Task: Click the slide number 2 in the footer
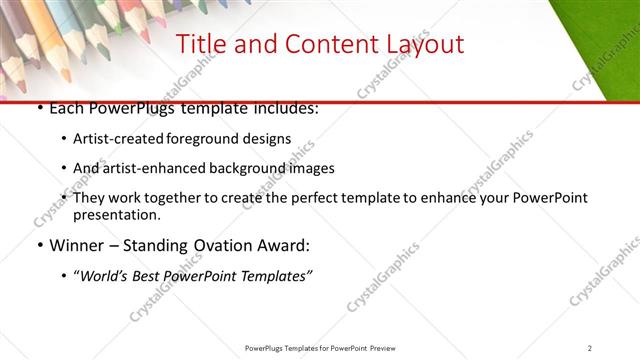(x=590, y=347)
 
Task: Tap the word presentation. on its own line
(x=116, y=215)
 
